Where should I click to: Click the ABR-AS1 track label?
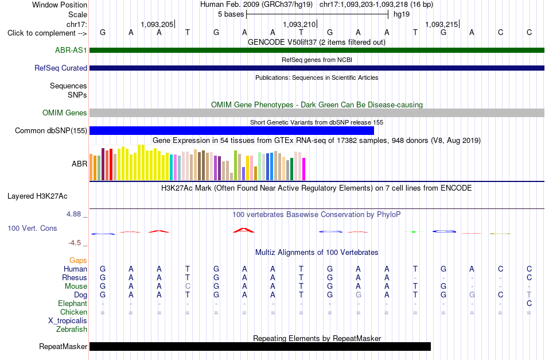pos(71,50)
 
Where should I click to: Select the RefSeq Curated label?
pos(61,68)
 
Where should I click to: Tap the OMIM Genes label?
pos(65,113)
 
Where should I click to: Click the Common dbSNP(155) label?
pos(51,130)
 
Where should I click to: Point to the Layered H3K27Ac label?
pos(37,196)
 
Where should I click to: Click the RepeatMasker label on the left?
pos(63,346)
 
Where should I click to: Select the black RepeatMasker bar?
pos(260,346)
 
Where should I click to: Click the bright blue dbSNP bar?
pos(232,130)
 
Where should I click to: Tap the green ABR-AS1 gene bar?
pos(317,50)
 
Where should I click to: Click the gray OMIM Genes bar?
pos(317,113)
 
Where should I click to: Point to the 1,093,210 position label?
pos(299,24)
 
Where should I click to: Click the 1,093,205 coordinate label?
pos(157,24)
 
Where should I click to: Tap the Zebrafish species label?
pos(72,329)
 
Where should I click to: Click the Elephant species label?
pos(73,303)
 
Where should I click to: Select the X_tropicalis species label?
pos(68,321)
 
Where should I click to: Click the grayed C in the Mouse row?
pos(188,287)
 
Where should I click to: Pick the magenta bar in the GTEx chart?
pos(304,169)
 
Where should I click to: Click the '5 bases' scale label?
pos(231,14)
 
